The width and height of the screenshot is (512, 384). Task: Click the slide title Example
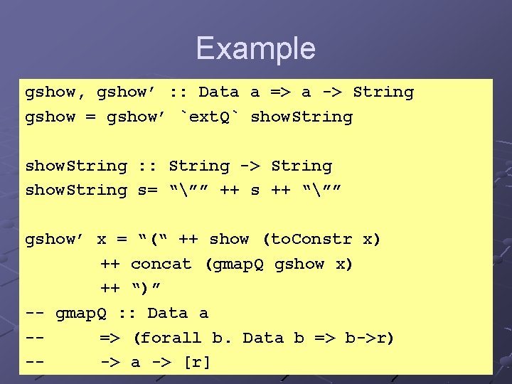[255, 48]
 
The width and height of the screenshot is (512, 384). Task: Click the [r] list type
[197, 362]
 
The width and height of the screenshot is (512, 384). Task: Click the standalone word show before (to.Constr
[229, 239]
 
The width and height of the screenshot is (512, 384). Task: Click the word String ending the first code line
[383, 92]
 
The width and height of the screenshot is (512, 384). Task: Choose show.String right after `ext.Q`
[302, 117]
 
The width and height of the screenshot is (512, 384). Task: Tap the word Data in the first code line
[218, 92]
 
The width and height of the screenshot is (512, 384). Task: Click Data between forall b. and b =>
[263, 338]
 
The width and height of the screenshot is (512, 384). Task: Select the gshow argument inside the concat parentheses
[300, 264]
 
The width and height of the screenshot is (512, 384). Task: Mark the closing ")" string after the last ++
[146, 288]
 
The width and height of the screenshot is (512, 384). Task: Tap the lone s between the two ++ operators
[255, 191]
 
